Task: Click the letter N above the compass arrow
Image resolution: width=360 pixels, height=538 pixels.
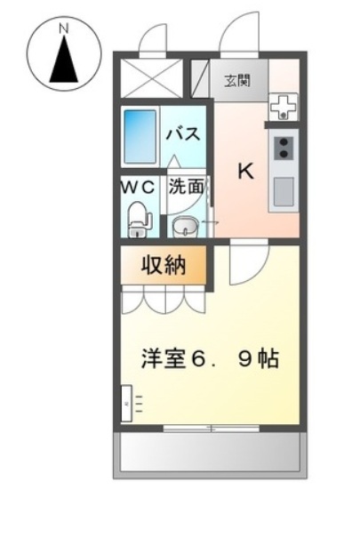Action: [x=64, y=28]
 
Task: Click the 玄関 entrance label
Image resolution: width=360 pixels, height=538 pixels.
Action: [x=237, y=80]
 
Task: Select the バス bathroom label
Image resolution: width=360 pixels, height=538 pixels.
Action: [x=183, y=133]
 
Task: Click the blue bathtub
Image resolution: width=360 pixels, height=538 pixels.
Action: [x=140, y=136]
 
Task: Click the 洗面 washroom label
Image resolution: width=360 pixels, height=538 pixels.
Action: [x=186, y=187]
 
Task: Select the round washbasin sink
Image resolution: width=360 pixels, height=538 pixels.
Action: [x=185, y=227]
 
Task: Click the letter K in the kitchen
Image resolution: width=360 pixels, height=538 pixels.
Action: [x=246, y=171]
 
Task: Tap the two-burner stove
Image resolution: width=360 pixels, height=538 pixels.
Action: [x=284, y=148]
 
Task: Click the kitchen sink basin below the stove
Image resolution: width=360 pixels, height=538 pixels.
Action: [x=284, y=192]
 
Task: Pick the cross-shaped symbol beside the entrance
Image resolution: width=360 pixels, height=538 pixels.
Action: [x=284, y=107]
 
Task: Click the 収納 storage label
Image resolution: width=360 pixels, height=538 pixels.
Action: [x=164, y=265]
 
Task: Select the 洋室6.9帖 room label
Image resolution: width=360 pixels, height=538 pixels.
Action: [x=210, y=358]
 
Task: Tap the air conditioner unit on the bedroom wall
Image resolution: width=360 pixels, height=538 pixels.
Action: [x=126, y=404]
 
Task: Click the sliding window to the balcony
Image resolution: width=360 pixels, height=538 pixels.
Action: [x=212, y=429]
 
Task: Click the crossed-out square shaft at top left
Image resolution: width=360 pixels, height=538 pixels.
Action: [x=151, y=78]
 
